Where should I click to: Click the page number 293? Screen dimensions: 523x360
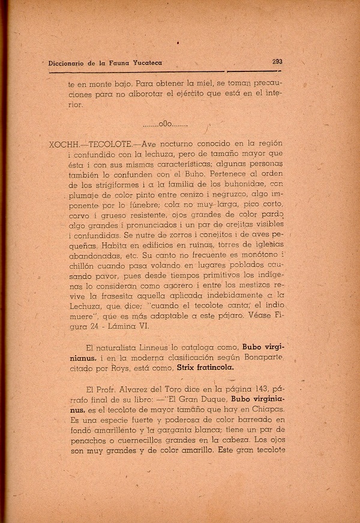(x=277, y=61)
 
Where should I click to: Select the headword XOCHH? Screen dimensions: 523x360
(x=59, y=146)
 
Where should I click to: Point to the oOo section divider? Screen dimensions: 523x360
(x=166, y=125)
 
